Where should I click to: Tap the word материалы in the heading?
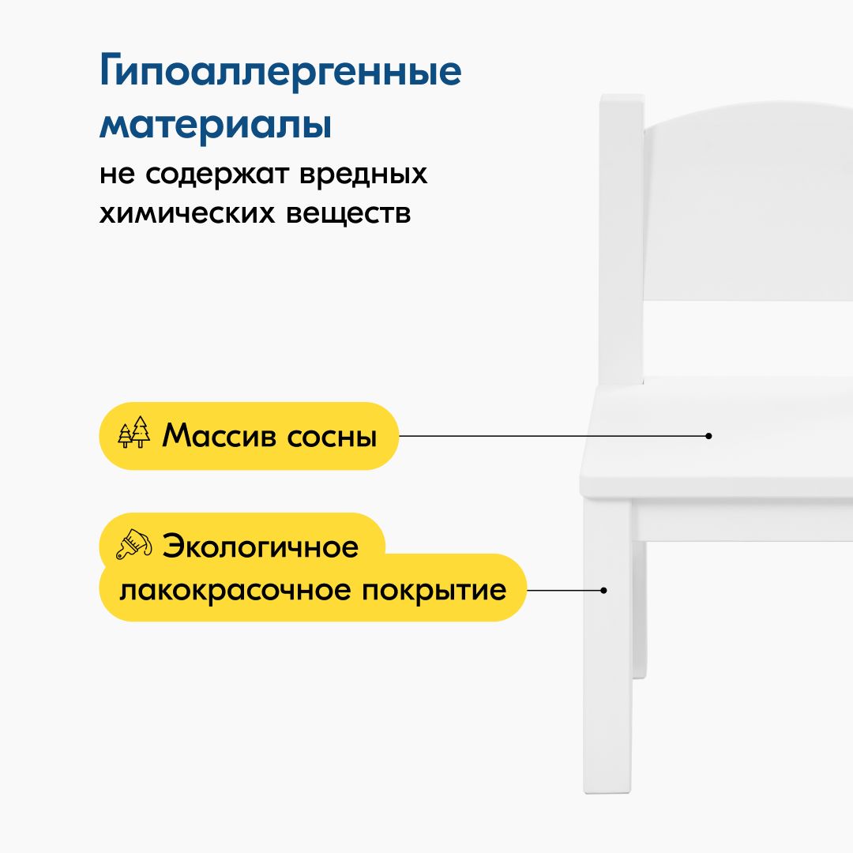pyautogui.click(x=216, y=125)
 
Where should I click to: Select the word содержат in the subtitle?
pyautogui.click(x=217, y=175)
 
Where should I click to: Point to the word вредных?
pyautogui.click(x=363, y=174)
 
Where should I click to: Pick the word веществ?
pyautogui.click(x=348, y=214)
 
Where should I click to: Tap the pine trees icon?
pyautogui.click(x=133, y=432)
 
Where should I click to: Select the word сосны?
pyautogui.click(x=332, y=438)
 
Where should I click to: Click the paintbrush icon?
pyautogui.click(x=133, y=544)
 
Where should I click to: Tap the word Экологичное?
pyautogui.click(x=261, y=546)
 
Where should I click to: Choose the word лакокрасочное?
pyautogui.click(x=235, y=591)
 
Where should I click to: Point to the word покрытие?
pyautogui.click(x=434, y=592)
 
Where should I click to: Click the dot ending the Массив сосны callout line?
pyautogui.click(x=708, y=436)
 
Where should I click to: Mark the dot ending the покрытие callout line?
pyautogui.click(x=603, y=590)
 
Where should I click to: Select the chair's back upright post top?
pyautogui.click(x=622, y=98)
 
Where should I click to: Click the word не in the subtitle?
pyautogui.click(x=117, y=175)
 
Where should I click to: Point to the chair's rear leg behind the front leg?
pyautogui.click(x=640, y=609)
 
